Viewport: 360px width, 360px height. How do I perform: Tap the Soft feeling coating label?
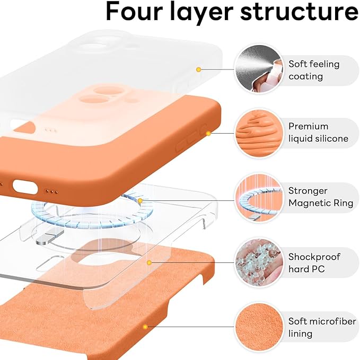click(x=313, y=70)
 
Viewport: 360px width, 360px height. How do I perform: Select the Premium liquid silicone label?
click(x=318, y=133)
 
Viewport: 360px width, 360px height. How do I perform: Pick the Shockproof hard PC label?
click(x=314, y=262)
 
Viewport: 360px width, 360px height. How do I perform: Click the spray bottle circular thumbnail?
click(x=257, y=69)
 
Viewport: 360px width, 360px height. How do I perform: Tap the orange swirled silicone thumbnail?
click(x=257, y=133)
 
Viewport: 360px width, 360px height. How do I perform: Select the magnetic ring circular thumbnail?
click(x=257, y=198)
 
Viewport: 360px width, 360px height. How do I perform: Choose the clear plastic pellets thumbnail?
click(x=257, y=262)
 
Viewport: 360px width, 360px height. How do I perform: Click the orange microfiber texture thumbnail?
click(x=257, y=327)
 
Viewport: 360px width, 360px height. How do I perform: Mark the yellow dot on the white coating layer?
click(x=198, y=69)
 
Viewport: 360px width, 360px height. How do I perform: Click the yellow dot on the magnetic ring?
click(x=141, y=201)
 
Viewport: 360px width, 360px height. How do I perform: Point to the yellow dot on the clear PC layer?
click(x=150, y=262)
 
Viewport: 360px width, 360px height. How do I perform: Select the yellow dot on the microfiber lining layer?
click(x=145, y=327)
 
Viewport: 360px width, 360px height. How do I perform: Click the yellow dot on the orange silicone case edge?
click(x=208, y=133)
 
